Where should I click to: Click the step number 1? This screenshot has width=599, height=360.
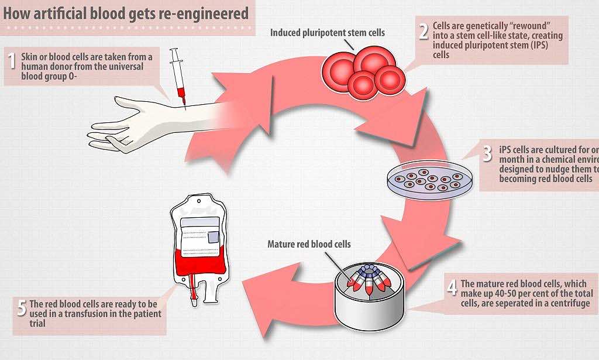click(11, 61)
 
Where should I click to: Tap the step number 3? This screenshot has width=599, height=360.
click(487, 154)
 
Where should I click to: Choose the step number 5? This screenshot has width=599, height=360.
click(22, 308)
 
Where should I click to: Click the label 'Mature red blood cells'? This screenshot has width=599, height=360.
click(309, 244)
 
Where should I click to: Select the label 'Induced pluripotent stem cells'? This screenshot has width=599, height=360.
click(328, 32)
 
